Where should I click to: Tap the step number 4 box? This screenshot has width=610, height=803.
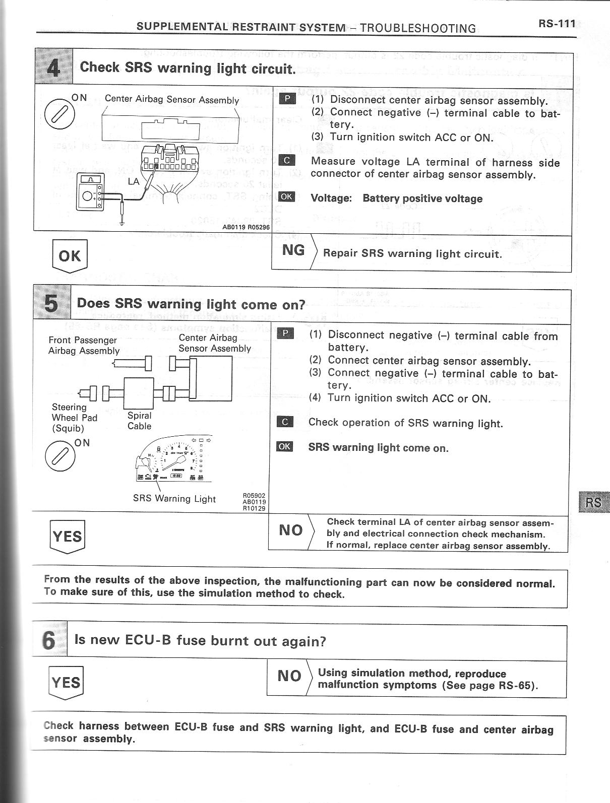click(53, 67)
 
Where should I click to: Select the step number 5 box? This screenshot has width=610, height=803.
click(51, 304)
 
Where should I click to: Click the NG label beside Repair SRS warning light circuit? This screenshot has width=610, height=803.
click(293, 250)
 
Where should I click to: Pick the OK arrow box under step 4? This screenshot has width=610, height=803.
click(70, 256)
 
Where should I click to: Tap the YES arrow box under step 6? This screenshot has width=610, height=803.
click(66, 683)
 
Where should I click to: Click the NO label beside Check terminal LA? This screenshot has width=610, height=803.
click(290, 530)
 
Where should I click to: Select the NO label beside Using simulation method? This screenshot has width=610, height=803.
click(289, 676)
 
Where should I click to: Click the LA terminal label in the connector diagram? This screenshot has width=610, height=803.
click(134, 181)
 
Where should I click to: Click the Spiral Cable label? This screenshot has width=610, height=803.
click(139, 421)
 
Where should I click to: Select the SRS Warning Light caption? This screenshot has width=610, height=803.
click(174, 499)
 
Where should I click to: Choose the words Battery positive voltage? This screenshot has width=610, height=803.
click(422, 198)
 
